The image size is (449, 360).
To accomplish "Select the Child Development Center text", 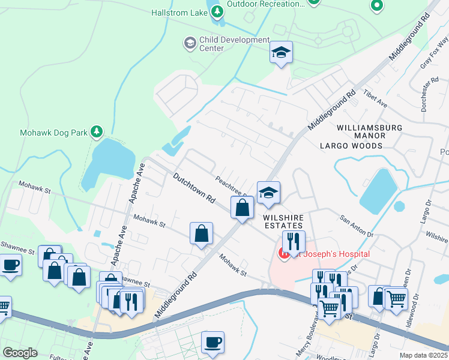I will [235, 44].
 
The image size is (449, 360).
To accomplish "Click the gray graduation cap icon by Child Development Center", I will [190, 43].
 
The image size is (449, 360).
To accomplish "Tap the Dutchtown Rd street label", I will [194, 188].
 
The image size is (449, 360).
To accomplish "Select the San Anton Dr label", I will [357, 226].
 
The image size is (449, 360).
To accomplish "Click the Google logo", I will [20, 352].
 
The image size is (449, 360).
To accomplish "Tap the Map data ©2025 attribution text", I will [423, 355].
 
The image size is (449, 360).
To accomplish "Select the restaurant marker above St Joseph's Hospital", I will [294, 241].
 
